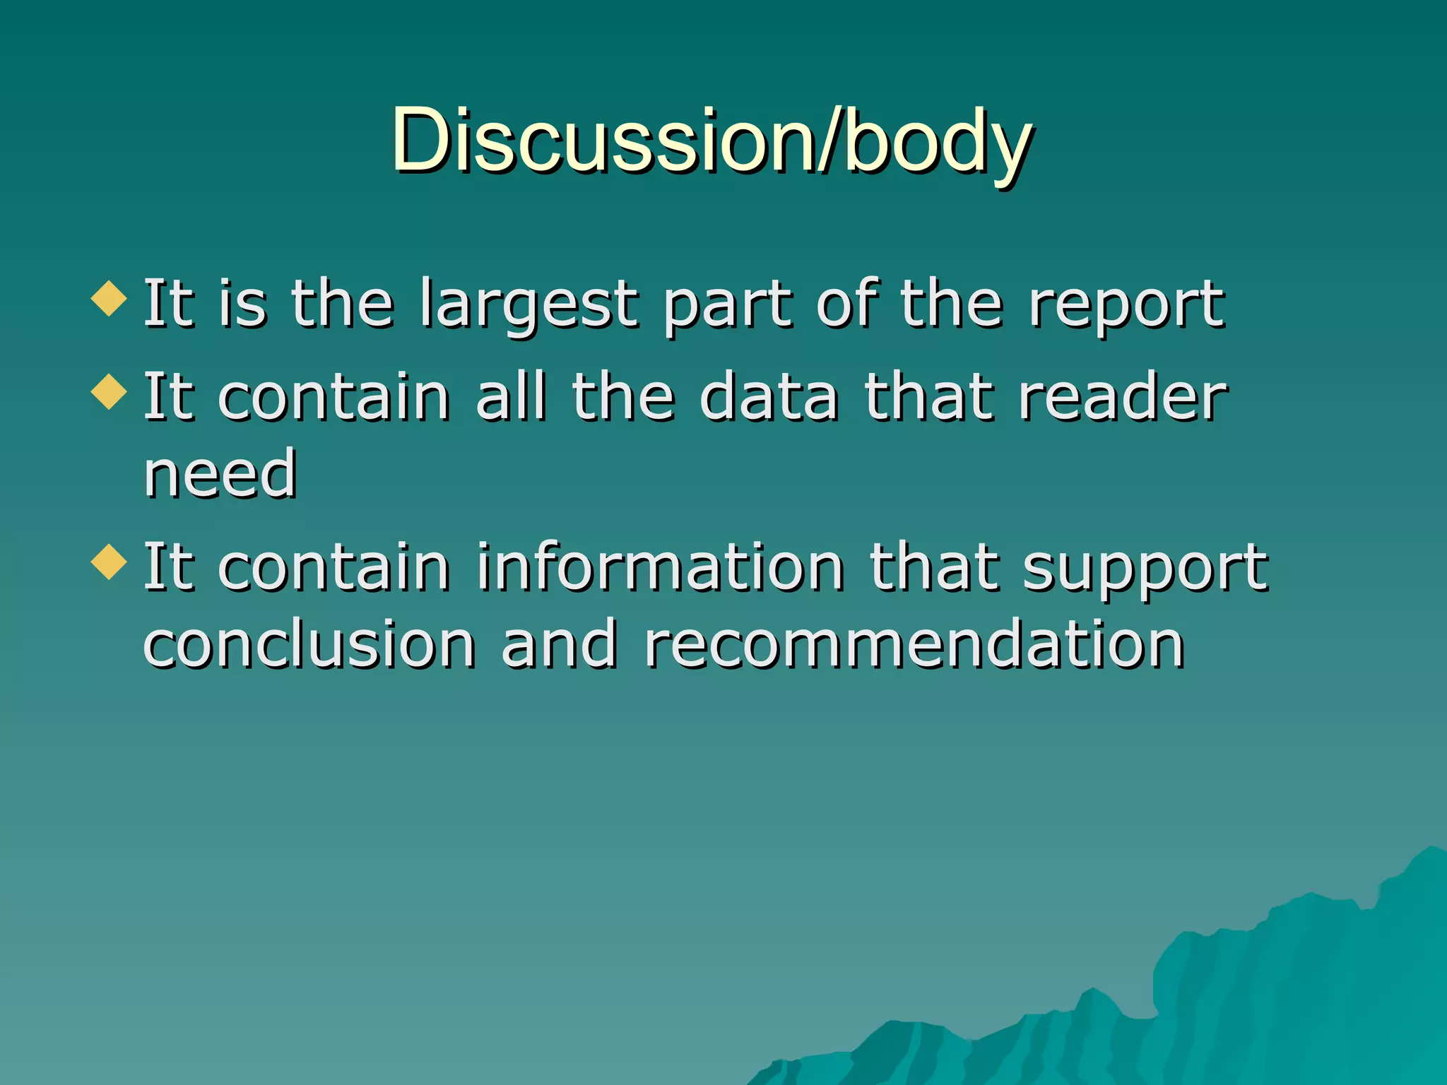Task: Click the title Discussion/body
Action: [x=712, y=141]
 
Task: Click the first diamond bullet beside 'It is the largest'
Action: [x=110, y=298]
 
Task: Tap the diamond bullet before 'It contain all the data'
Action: [x=110, y=391]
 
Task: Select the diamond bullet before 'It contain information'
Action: [x=110, y=562]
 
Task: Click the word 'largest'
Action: [x=528, y=305]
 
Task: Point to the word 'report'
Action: [x=1126, y=305]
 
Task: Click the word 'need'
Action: [x=220, y=474]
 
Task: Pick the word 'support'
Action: [x=1145, y=569]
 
